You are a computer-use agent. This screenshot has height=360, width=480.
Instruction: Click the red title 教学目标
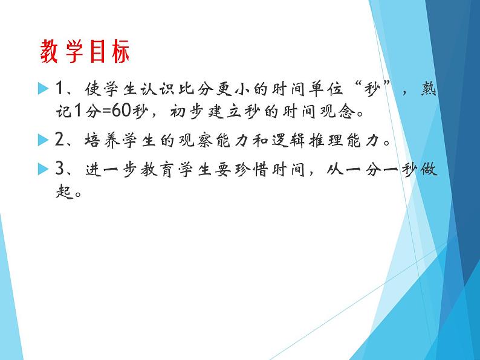coord(85,53)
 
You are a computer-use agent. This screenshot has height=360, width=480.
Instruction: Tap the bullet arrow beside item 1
coord(42,89)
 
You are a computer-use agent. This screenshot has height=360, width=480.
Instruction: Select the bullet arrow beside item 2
coord(42,141)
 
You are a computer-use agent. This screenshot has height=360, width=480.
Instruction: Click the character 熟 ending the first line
coord(426,90)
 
